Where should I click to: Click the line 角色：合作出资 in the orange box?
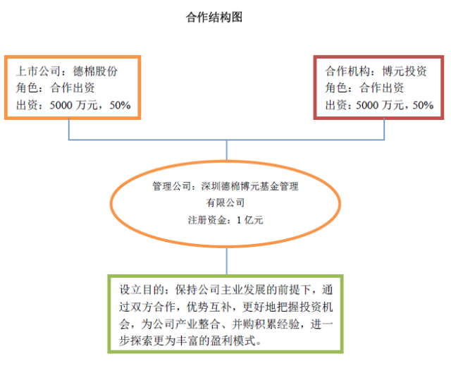pyautogui.click(x=55, y=89)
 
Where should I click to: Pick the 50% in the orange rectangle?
pyautogui.click(x=120, y=106)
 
